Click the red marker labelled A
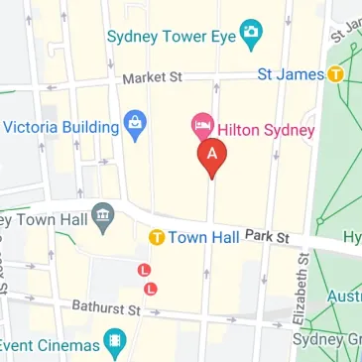(x=211, y=156)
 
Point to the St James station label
(x=291, y=73)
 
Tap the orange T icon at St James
(x=337, y=73)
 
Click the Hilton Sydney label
(x=267, y=129)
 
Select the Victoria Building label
(x=61, y=127)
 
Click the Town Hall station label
(x=203, y=238)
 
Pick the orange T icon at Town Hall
(x=156, y=238)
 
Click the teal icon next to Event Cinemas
(x=117, y=345)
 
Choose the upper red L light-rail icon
(x=144, y=269)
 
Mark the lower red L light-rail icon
(x=151, y=288)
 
